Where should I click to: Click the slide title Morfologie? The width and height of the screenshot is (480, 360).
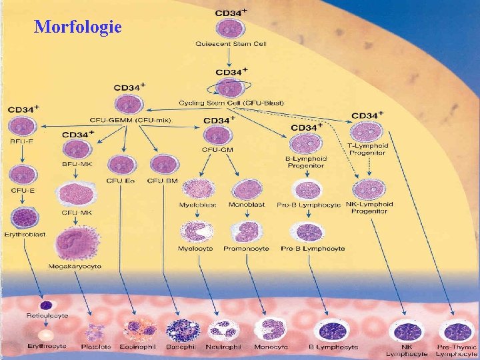point(77,27)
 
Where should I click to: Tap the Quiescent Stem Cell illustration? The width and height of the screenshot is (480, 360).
point(231,29)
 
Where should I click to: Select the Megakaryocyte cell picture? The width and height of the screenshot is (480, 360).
point(75,243)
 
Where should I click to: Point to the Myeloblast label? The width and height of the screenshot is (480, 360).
point(197,204)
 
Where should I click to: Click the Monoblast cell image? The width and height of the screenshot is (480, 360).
point(246,189)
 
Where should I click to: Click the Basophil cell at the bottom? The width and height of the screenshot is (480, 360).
point(181,330)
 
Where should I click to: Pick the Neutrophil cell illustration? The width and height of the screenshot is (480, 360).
point(223,329)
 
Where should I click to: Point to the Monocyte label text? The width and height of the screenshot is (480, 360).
point(271,347)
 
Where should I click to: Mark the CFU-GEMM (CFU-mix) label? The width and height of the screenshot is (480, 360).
point(123,119)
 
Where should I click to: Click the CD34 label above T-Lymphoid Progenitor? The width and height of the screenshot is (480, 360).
point(366,115)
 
